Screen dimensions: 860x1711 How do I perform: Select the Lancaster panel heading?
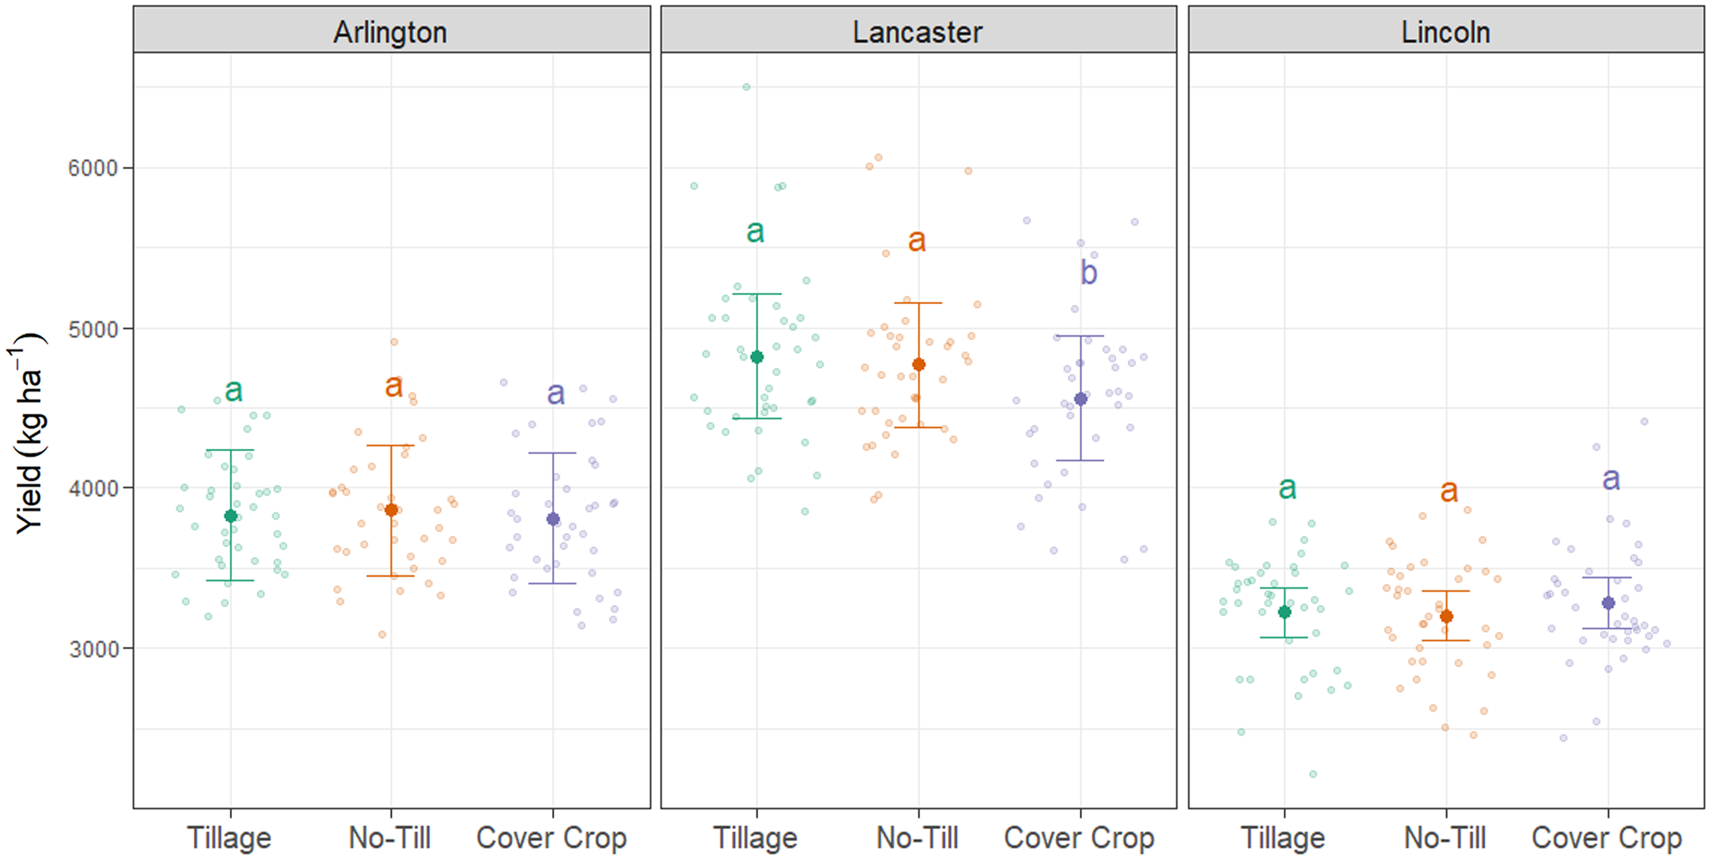[x=917, y=32]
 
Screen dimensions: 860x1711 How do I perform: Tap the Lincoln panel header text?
[x=1445, y=32]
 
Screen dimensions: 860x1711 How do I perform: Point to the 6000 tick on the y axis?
[x=93, y=168]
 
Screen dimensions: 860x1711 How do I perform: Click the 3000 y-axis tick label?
[x=93, y=649]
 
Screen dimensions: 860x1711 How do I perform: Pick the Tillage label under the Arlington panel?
[x=229, y=838]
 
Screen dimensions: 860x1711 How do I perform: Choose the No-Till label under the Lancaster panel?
[x=917, y=838]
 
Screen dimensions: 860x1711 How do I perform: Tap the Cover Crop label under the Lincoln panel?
[x=1606, y=838]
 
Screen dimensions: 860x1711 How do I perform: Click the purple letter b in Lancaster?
[x=1088, y=272]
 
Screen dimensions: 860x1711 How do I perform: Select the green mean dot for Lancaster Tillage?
[x=756, y=357]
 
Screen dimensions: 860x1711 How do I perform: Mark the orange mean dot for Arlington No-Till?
[x=391, y=510]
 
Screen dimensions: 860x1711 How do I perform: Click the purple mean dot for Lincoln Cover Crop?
[x=1608, y=603]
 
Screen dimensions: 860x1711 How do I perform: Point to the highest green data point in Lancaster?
[x=746, y=87]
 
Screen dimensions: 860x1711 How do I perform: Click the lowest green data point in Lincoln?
[x=1312, y=774]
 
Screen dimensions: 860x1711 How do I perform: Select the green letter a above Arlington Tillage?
[x=233, y=390]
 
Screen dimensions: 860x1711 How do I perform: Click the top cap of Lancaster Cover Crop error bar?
[x=1080, y=336]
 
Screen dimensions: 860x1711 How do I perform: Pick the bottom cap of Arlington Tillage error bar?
[x=230, y=580]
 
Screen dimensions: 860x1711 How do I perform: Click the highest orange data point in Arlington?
[x=393, y=342]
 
